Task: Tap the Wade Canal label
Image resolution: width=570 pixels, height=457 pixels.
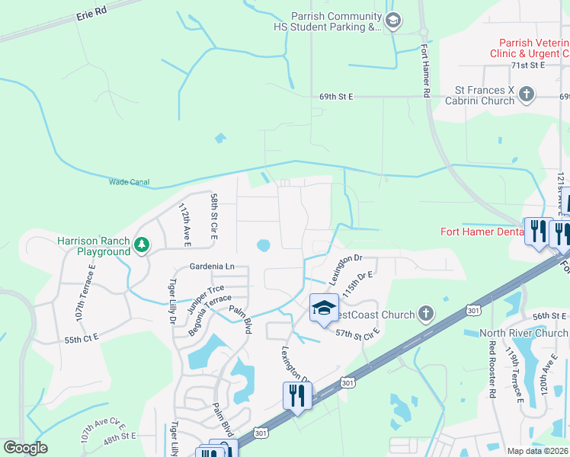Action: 129,183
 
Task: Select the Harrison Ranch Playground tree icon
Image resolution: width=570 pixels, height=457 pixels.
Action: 141,245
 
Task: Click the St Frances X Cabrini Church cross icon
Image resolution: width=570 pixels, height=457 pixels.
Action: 526,95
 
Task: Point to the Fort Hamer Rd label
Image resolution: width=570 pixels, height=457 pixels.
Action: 425,69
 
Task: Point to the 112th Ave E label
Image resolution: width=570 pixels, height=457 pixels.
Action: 185,224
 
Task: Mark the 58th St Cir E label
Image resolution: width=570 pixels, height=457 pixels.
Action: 215,217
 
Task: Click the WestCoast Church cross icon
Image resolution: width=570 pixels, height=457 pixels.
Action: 425,314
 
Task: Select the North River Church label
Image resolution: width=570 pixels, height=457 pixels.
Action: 524,333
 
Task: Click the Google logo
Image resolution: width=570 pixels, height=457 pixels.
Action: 25,448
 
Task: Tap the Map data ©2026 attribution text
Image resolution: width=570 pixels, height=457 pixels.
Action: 537,451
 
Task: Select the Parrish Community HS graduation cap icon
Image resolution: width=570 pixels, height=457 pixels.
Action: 393,21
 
